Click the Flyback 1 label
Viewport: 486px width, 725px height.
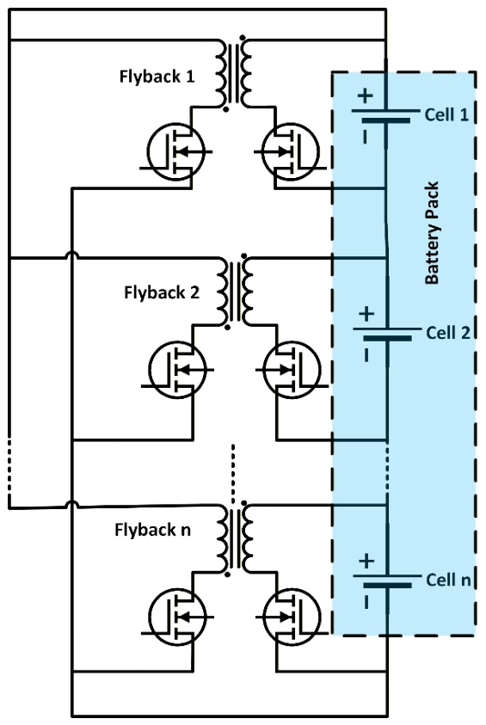click(157, 77)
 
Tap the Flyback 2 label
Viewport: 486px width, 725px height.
click(162, 292)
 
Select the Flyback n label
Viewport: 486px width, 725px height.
click(152, 530)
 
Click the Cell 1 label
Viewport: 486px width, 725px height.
click(446, 114)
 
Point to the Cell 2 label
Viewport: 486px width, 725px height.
click(447, 333)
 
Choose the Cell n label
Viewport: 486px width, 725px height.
click(447, 580)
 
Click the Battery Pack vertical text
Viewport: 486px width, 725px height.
click(432, 232)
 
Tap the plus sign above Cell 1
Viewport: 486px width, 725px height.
click(365, 95)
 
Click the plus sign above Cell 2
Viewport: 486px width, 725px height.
click(366, 314)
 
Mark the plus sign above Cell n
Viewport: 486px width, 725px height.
click(366, 561)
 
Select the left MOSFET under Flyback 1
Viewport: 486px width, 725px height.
click(176, 151)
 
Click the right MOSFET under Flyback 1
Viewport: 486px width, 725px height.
click(291, 151)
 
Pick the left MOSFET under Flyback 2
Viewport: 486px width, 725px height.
click(177, 370)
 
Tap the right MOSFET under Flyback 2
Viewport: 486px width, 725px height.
click(292, 370)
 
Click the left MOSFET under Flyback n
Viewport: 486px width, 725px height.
click(177, 617)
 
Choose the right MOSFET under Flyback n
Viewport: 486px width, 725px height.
click(292, 617)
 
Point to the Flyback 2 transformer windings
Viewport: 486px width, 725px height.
click(236, 292)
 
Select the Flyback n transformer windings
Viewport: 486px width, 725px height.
click(236, 538)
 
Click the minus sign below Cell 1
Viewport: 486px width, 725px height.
click(365, 137)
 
